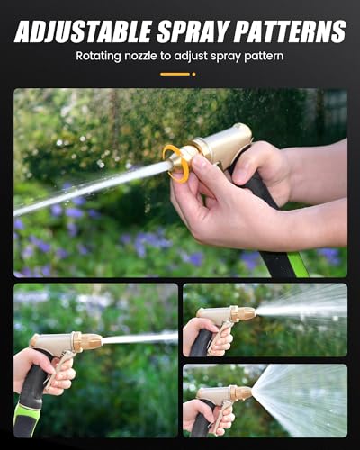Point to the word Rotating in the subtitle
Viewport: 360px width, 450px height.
pyautogui.click(x=102, y=56)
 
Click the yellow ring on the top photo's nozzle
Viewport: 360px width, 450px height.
pyautogui.click(x=180, y=163)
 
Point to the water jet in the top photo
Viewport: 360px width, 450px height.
pyautogui.click(x=90, y=188)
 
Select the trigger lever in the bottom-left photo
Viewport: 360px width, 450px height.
pyautogui.click(x=63, y=368)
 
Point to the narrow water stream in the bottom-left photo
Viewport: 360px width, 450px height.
pyautogui.click(x=139, y=338)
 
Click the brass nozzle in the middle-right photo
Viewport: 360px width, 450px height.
pyautogui.click(x=244, y=314)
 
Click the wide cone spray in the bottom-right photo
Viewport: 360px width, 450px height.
pyautogui.click(x=301, y=396)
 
